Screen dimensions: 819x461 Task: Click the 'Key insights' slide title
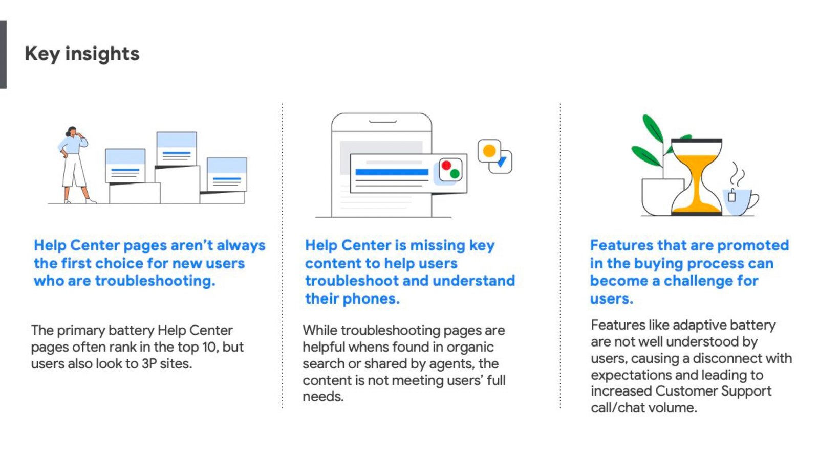point(82,54)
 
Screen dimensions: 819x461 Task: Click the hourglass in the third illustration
point(697,177)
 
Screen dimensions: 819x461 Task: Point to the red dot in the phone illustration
point(446,166)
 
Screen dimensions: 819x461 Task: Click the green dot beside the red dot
point(455,174)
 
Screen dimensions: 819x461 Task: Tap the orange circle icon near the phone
point(489,151)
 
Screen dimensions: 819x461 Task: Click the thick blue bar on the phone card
point(392,172)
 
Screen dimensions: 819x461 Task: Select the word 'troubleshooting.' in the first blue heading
point(155,281)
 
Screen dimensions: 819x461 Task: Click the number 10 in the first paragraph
point(209,347)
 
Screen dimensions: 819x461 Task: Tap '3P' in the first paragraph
point(149,363)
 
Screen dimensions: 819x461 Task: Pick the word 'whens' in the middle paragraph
point(365,347)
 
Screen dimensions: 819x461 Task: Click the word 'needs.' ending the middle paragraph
point(323,397)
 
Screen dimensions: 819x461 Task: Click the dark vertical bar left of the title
point(3,55)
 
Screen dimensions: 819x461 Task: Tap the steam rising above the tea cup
point(737,174)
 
